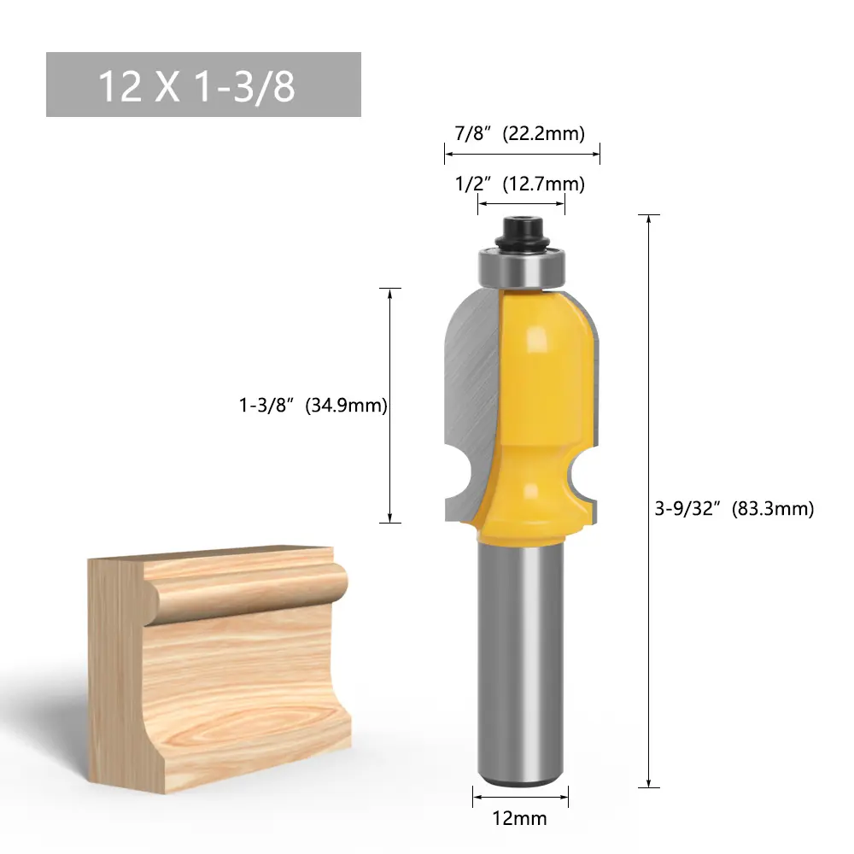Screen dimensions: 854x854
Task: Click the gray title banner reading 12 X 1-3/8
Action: click(203, 85)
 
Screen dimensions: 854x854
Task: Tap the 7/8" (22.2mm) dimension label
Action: click(519, 133)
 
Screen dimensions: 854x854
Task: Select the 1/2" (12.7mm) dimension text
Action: click(519, 184)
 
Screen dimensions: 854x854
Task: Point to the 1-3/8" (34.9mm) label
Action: click(313, 405)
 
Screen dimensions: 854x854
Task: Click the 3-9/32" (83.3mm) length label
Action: click(734, 509)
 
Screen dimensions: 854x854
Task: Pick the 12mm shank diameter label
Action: click(519, 818)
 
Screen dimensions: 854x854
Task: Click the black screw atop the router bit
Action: click(520, 234)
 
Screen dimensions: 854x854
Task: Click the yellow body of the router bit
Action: click(536, 414)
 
